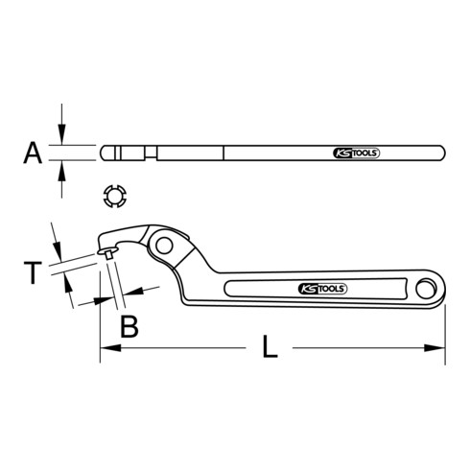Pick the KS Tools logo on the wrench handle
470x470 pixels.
coord(320,288)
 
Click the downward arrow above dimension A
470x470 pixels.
coord(63,138)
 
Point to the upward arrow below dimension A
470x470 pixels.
coord(63,169)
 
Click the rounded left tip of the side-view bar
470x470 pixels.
coord(103,153)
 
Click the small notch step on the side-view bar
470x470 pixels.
coord(153,153)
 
